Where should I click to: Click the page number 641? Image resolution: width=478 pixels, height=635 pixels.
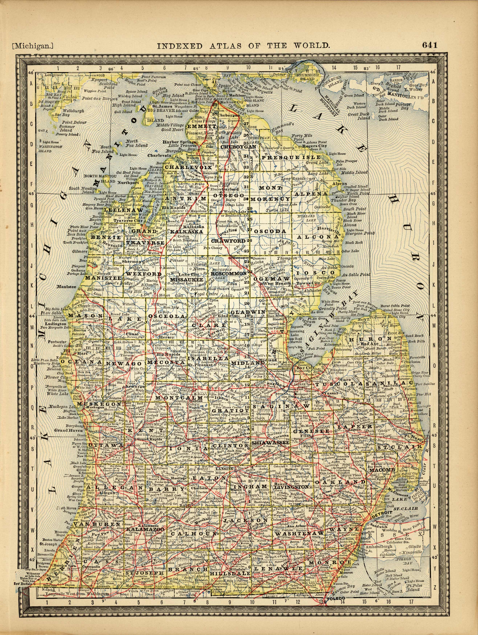pos(430,45)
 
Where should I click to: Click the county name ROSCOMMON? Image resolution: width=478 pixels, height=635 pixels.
pos(229,274)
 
